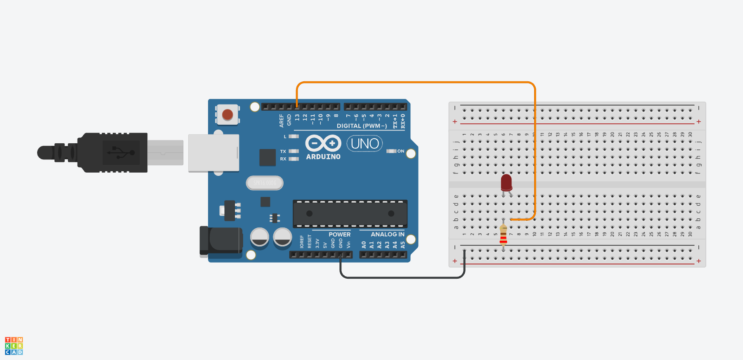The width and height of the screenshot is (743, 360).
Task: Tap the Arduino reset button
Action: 227,114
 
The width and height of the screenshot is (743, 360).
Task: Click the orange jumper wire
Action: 413,83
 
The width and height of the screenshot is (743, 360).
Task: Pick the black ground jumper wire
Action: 402,277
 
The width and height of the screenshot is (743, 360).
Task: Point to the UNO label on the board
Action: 365,144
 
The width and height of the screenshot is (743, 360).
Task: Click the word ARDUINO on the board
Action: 323,157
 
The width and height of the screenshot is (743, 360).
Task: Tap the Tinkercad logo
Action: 14,346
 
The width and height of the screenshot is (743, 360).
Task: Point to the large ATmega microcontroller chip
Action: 350,213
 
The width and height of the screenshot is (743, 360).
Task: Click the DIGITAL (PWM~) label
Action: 362,126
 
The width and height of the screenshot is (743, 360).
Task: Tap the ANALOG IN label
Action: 387,234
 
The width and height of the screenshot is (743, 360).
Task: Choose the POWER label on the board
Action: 339,234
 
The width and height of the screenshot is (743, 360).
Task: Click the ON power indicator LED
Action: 391,151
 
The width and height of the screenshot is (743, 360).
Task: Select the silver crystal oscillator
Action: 265,182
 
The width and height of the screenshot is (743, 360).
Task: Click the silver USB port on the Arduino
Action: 213,153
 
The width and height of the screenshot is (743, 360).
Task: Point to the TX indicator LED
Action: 293,152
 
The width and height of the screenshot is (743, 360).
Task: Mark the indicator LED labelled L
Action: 293,136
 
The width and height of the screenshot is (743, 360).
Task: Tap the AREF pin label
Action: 282,120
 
